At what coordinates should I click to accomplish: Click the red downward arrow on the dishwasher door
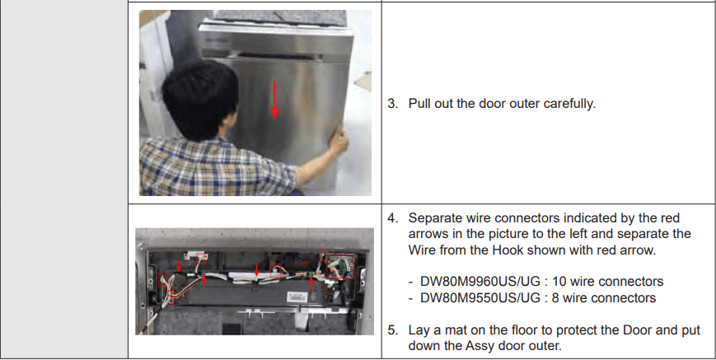click(275, 100)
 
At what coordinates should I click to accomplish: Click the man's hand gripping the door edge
click(338, 143)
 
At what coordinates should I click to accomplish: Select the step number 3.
click(392, 105)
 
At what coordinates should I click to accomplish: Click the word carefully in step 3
click(569, 105)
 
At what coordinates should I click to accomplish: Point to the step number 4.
click(392, 218)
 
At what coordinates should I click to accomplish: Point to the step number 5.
click(392, 330)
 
